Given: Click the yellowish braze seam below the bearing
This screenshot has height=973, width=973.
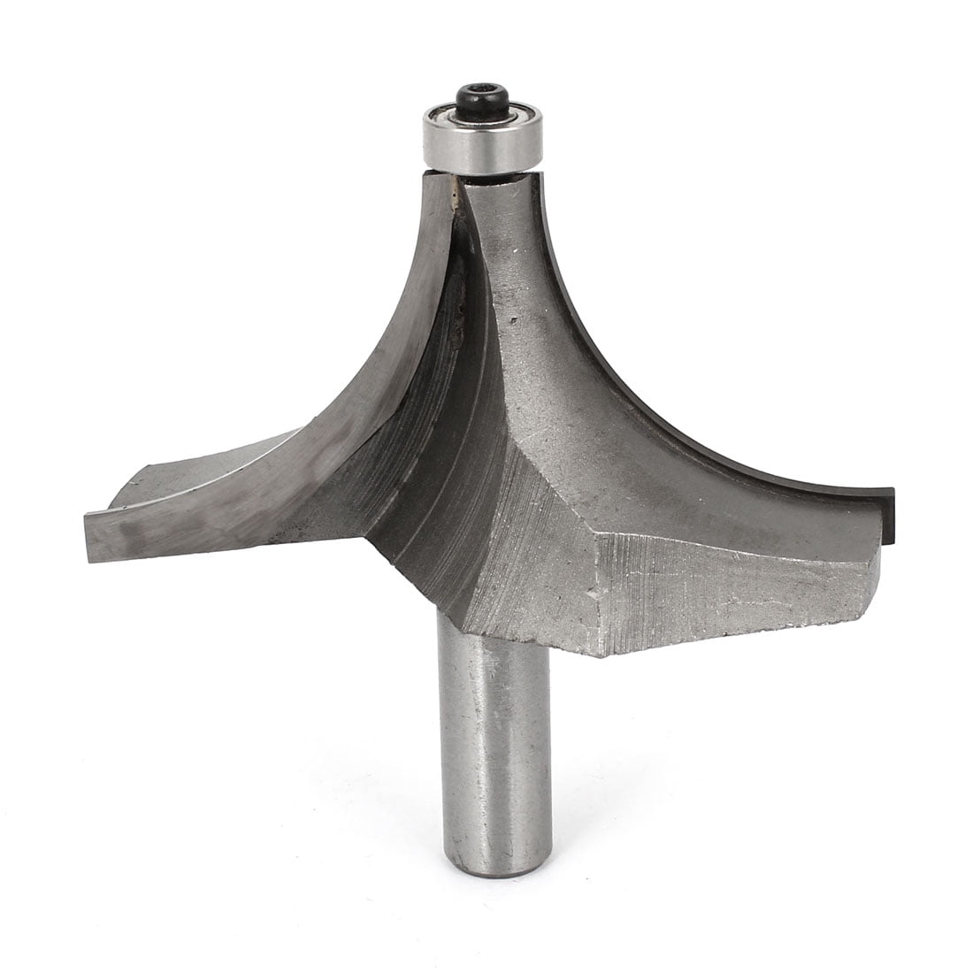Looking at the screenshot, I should (x=456, y=190).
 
